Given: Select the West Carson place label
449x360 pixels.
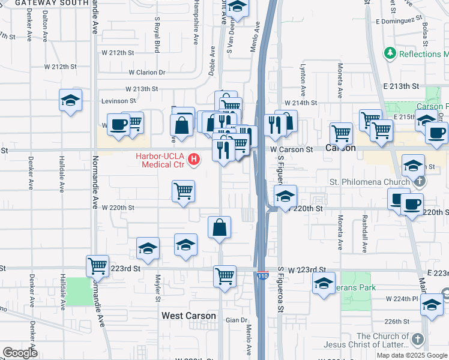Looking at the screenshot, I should point(188,316).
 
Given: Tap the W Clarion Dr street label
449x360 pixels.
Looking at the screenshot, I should point(146,73).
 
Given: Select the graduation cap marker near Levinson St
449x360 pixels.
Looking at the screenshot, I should point(70,100).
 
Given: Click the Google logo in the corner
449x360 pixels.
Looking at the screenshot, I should point(20,353).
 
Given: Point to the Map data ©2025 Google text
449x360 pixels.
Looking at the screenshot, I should point(412,355).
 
